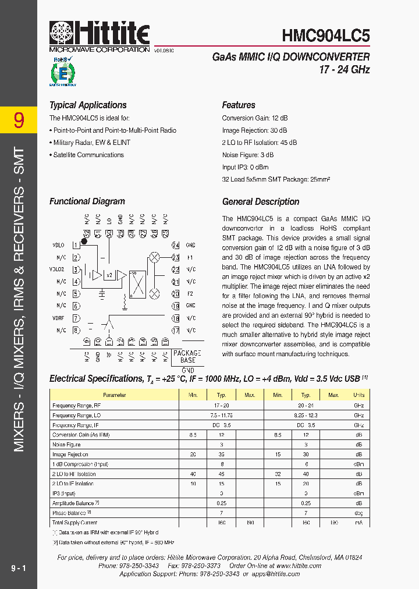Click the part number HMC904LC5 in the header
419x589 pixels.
(x=325, y=36)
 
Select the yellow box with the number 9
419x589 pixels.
(x=19, y=120)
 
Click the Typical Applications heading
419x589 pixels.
(x=88, y=105)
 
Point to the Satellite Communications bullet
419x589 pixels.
(x=88, y=155)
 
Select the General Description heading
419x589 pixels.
(x=261, y=202)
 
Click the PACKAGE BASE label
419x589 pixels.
(x=187, y=357)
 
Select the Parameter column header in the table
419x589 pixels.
(x=113, y=395)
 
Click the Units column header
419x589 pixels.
(x=358, y=395)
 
